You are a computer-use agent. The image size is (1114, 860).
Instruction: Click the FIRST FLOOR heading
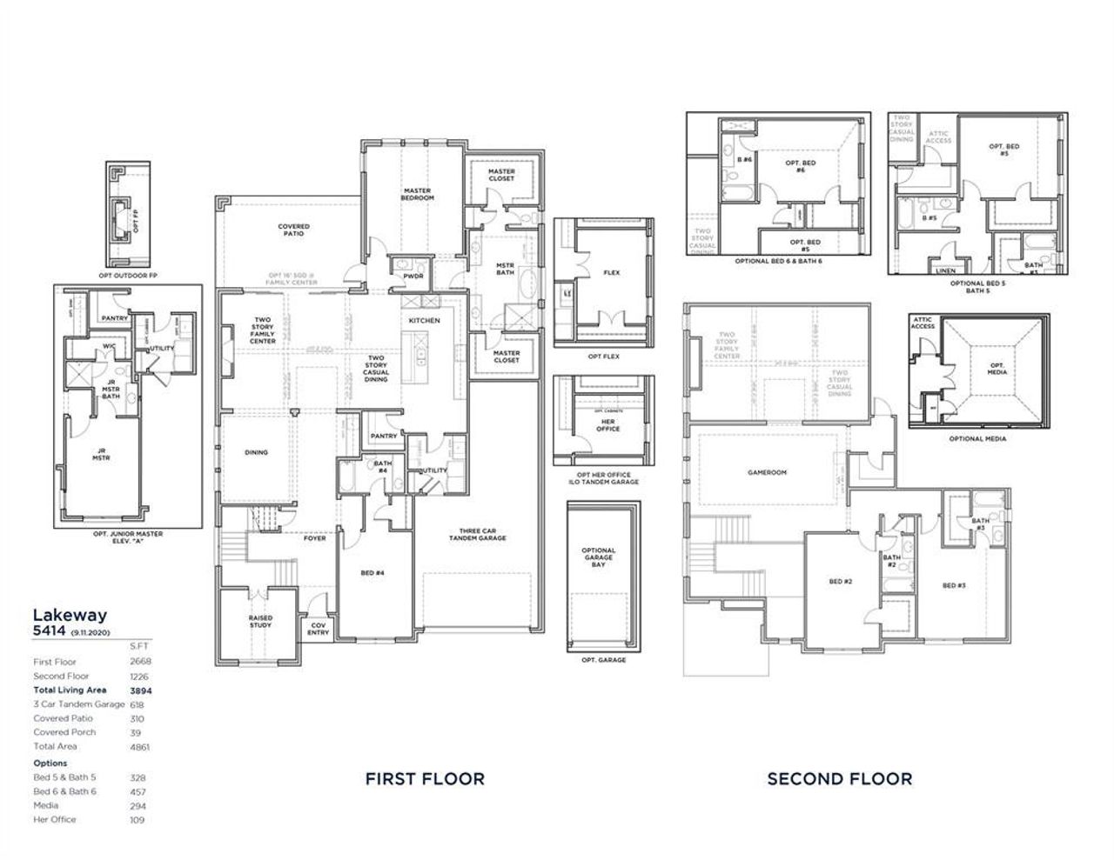click(424, 778)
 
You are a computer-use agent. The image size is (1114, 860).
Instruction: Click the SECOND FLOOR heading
click(839, 778)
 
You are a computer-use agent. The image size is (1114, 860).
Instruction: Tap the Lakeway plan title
click(70, 616)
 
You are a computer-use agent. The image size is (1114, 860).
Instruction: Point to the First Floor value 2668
click(139, 662)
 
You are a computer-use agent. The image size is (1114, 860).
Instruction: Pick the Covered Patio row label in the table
click(64, 718)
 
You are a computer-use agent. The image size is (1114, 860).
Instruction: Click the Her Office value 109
click(138, 819)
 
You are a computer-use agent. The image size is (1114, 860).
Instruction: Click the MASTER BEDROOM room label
click(417, 195)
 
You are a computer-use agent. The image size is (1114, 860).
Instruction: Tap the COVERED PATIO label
click(293, 230)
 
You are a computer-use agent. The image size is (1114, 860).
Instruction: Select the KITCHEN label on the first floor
click(425, 321)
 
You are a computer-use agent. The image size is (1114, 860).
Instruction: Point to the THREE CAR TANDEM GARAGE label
click(477, 535)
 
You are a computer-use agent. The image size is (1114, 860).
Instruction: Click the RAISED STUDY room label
click(260, 621)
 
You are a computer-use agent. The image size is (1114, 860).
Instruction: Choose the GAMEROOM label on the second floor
click(767, 472)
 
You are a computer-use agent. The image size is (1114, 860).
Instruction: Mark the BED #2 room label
click(840, 581)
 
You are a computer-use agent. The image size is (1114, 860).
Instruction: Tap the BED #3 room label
click(954, 585)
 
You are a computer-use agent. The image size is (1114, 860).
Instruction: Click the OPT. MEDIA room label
click(997, 369)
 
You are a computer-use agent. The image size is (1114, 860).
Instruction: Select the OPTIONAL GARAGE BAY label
click(598, 557)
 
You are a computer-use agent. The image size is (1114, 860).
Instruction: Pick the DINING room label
click(256, 452)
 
